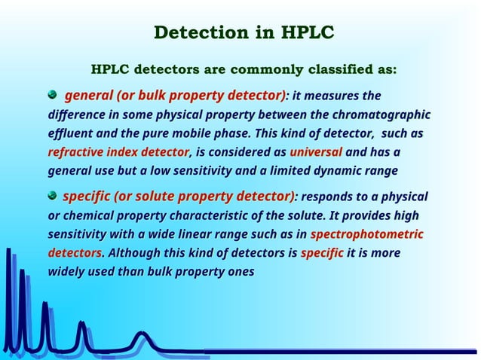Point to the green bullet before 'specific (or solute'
tap(53, 196)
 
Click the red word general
tap(88, 96)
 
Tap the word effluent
tap(69, 134)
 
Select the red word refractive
tap(78, 152)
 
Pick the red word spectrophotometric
tap(366, 234)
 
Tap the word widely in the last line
tap(67, 270)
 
